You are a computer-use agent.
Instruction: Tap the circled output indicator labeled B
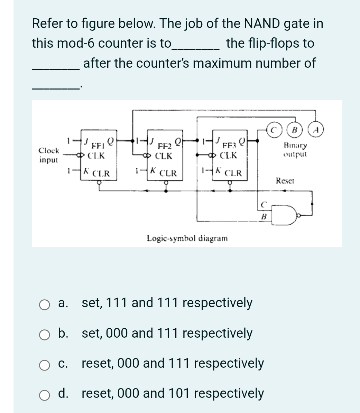[295, 131]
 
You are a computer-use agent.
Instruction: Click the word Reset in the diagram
[285, 180]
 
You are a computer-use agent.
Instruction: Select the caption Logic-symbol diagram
[187, 238]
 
